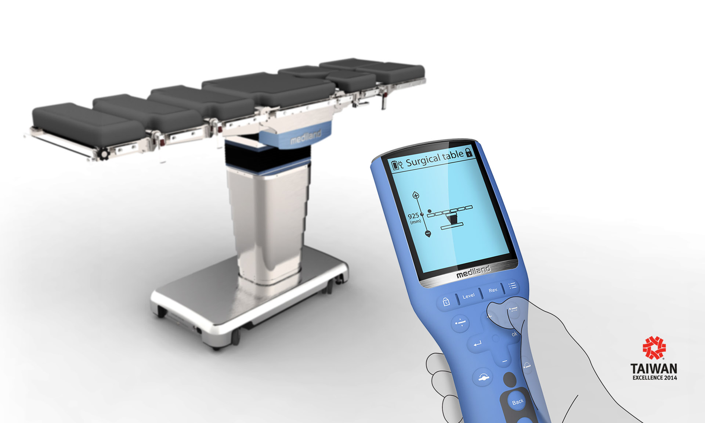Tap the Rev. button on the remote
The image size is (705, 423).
coord(493,290)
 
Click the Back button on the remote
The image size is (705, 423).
coord(518,402)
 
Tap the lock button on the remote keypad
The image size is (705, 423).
coord(446,302)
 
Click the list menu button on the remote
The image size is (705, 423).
coord(512,285)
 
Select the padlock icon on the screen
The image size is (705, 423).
coord(469,152)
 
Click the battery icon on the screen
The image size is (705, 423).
coord(395,165)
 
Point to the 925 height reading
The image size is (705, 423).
coord(413,216)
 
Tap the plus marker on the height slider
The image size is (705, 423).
coord(416,195)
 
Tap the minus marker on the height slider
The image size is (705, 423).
coord(427,233)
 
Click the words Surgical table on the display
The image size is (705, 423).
coord(435,159)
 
